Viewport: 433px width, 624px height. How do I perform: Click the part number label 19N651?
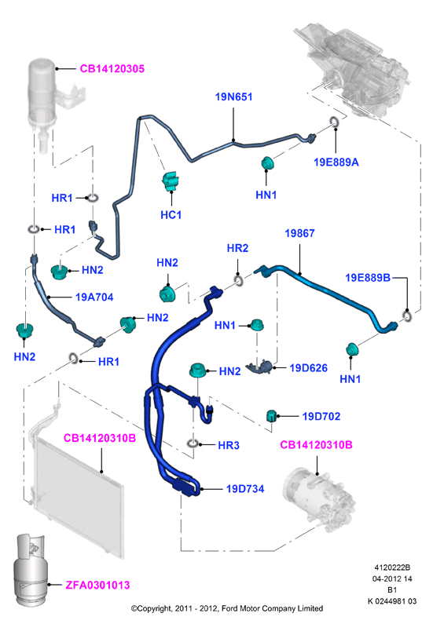coord(233,97)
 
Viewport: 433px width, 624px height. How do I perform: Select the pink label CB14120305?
coord(112,69)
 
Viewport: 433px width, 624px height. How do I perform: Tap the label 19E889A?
coord(336,162)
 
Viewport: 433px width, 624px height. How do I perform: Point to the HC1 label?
coord(171,215)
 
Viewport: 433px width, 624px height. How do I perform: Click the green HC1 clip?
coord(171,181)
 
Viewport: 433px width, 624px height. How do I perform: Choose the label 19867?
coord(299,233)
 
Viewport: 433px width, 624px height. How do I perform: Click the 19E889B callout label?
coord(368,278)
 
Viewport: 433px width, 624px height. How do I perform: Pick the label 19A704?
coord(94,297)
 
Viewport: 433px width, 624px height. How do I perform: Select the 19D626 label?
coord(308,368)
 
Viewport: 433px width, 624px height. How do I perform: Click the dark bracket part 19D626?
coord(259,366)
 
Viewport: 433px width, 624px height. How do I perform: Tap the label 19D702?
coord(321,417)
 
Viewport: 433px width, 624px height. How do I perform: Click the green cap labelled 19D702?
coord(271,415)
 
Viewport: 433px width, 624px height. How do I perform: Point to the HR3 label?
coord(229,445)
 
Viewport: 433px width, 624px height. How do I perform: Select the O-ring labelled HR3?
coord(193,443)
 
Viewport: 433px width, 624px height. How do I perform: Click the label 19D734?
coord(245,489)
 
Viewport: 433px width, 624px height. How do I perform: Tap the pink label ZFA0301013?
coord(97,585)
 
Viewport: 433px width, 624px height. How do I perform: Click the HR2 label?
coord(237,248)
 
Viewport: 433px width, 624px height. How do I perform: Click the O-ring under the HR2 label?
coord(239,280)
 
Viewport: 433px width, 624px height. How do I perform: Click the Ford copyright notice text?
coord(227,608)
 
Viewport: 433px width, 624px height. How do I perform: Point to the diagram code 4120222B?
coord(392,568)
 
